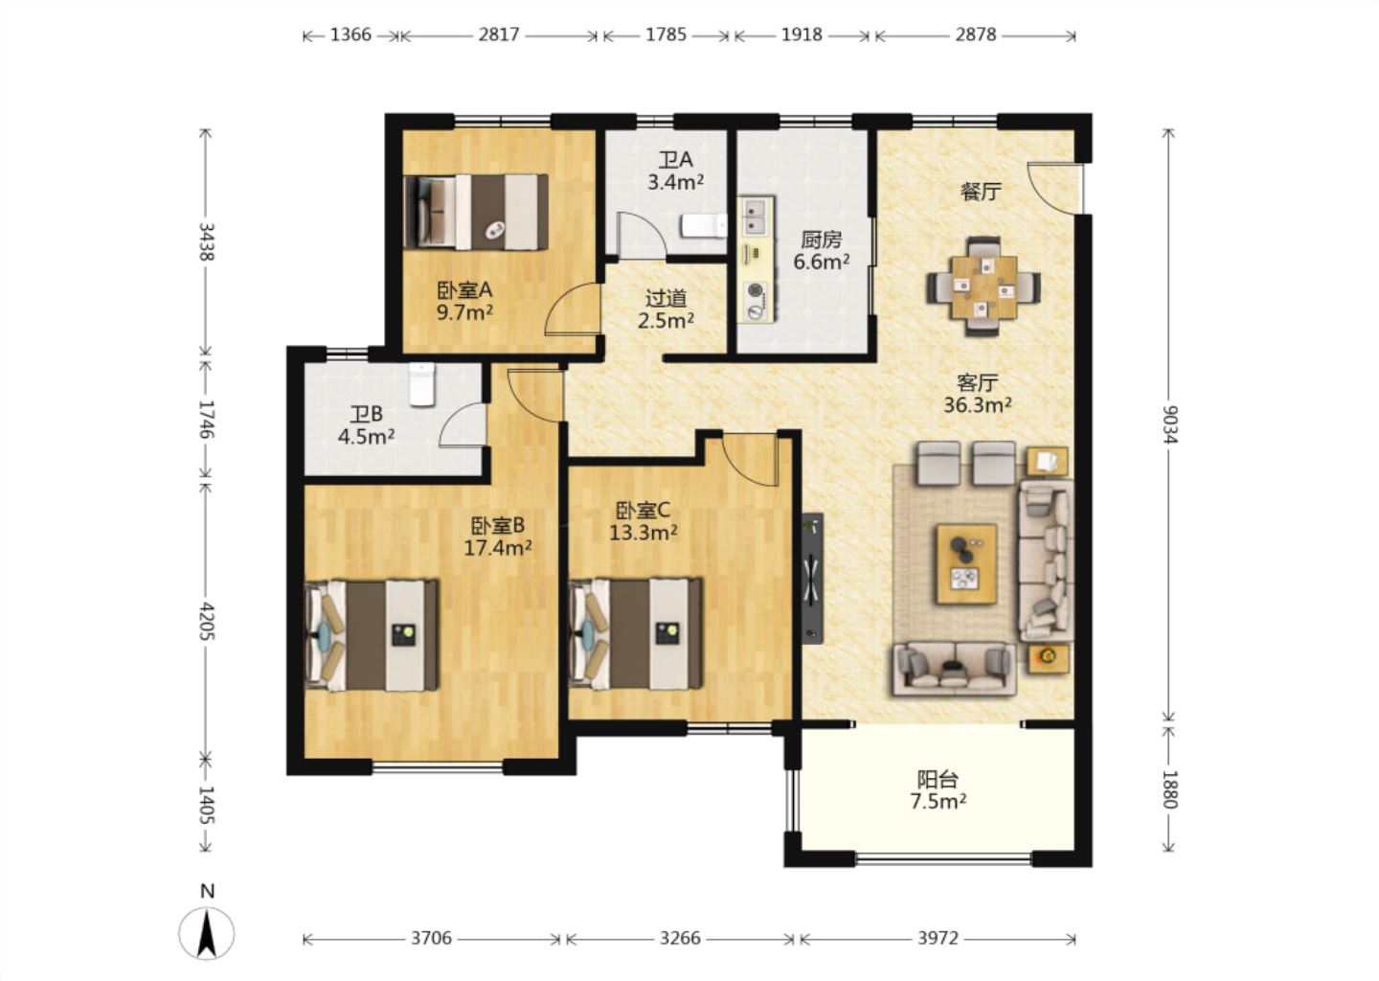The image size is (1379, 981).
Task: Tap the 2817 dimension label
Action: (499, 34)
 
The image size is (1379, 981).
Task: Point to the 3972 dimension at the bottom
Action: (938, 938)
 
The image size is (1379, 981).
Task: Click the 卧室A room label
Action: (464, 289)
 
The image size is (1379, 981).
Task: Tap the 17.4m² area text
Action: (497, 547)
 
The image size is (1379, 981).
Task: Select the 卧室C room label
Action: (643, 510)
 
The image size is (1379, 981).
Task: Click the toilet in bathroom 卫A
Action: (704, 225)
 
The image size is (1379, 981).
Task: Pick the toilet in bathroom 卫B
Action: (421, 384)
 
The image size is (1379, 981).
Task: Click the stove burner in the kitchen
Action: (756, 301)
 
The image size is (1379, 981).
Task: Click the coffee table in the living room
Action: (966, 564)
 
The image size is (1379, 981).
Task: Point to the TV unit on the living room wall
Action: (813, 579)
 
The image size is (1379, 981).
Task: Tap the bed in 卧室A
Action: (476, 212)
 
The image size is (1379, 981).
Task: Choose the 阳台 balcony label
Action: (938, 780)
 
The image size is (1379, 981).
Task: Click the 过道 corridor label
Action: (667, 299)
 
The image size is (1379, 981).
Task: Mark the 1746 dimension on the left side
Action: (206, 419)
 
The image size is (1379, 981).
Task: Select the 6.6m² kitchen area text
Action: (822, 262)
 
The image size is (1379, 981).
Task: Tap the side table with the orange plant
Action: (1048, 658)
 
